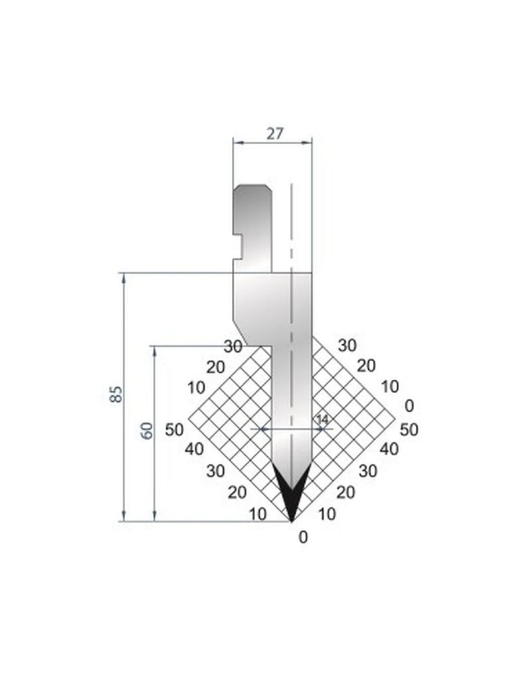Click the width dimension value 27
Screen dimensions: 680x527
(x=274, y=133)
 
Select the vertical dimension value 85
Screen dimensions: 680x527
(x=117, y=394)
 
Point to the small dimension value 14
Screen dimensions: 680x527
(x=322, y=419)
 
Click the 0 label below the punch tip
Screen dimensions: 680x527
(x=304, y=538)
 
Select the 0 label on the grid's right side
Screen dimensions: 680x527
(x=409, y=405)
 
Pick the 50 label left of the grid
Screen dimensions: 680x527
(x=174, y=429)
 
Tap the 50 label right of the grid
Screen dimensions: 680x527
(x=409, y=429)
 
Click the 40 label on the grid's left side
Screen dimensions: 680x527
(x=194, y=449)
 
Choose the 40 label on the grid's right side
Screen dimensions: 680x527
(x=389, y=449)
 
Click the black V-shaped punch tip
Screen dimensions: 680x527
(x=291, y=495)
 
